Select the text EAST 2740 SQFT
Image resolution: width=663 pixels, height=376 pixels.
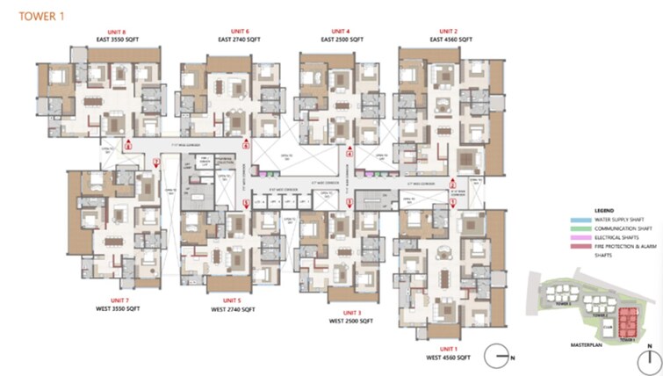(239, 40)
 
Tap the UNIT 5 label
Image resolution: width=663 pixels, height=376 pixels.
(233, 300)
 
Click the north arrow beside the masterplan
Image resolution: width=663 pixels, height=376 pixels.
(649, 357)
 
